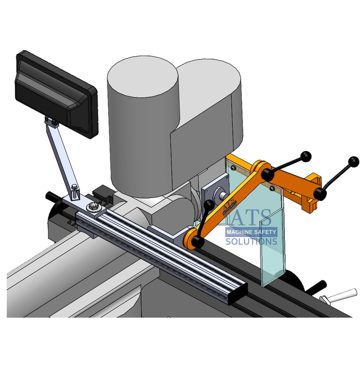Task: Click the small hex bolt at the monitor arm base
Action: (74, 187)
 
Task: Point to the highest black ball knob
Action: (306, 156)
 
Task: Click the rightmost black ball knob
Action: (353, 162)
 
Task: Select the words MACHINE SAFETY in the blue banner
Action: (251, 232)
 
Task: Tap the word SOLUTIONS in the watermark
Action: (251, 241)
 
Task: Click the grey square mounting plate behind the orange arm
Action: (215, 190)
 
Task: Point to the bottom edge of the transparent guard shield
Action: (272, 282)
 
